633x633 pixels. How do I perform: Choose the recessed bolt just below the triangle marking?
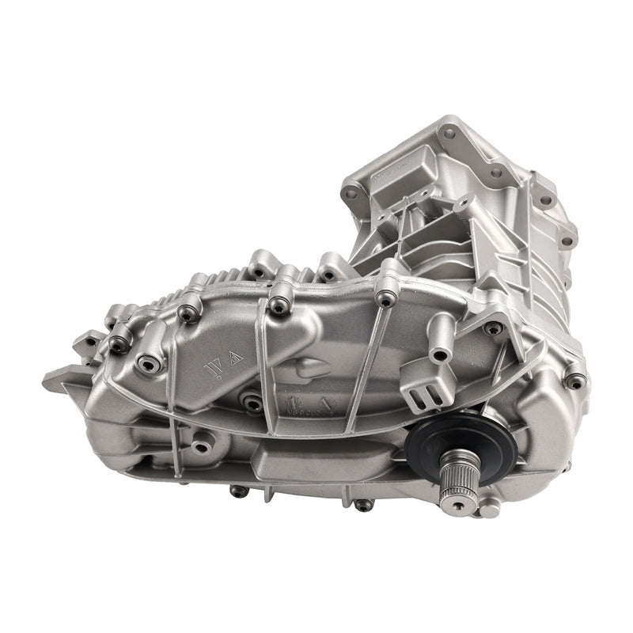click(x=252, y=403)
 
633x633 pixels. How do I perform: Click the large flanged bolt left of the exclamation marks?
click(x=148, y=363)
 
